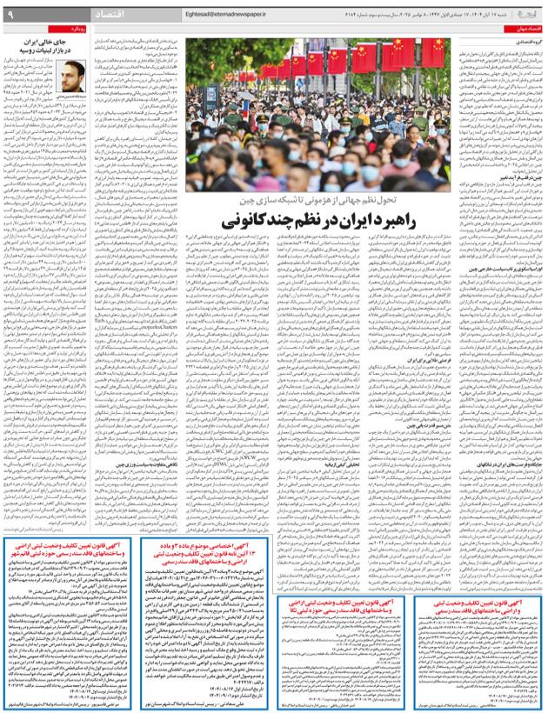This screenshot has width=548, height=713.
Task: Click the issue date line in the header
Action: click(444, 14)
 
